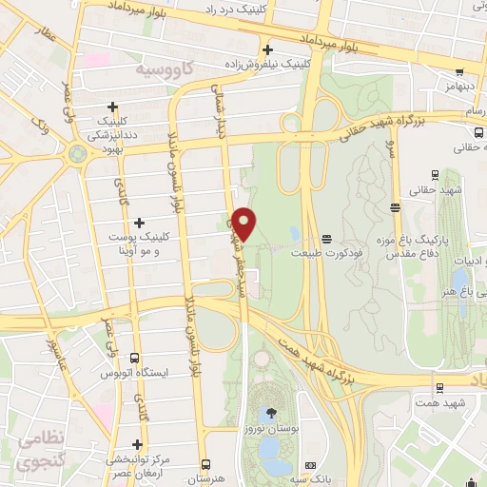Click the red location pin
click(x=244, y=223)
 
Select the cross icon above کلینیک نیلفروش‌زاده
click(x=267, y=49)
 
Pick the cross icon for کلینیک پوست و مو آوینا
click(x=141, y=222)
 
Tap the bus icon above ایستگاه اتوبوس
click(x=134, y=359)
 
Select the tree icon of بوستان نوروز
click(x=272, y=413)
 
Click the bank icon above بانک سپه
click(x=310, y=465)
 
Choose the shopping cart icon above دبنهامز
click(x=459, y=70)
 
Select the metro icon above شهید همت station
click(x=438, y=387)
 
